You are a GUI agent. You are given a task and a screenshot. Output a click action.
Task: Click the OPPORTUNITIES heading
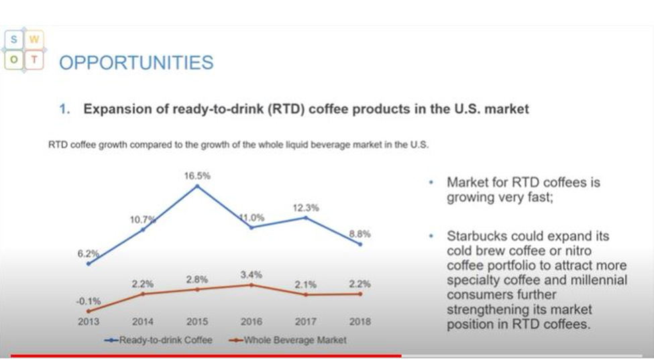click(x=136, y=62)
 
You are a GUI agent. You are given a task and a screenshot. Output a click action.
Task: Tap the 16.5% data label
click(x=197, y=176)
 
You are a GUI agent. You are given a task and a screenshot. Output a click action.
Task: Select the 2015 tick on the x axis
click(x=197, y=322)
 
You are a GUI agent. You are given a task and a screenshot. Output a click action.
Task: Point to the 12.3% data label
click(x=306, y=208)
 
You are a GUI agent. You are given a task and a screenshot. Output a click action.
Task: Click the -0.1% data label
click(x=89, y=300)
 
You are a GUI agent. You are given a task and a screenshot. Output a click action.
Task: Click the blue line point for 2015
click(x=197, y=186)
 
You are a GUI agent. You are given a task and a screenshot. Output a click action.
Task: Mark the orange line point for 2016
click(x=252, y=284)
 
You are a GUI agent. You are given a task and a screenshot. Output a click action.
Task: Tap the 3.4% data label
click(x=252, y=275)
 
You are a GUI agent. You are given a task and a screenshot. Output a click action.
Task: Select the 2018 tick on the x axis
click(x=360, y=322)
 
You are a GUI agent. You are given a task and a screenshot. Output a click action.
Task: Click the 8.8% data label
click(x=360, y=234)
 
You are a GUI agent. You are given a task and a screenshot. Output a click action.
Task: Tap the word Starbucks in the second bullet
click(x=476, y=237)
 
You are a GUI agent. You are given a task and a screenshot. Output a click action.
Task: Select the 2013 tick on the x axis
click(x=89, y=322)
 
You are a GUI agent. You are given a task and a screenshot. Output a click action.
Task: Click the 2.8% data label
click(x=197, y=279)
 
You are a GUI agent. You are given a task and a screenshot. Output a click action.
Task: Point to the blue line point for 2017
click(x=306, y=217)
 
